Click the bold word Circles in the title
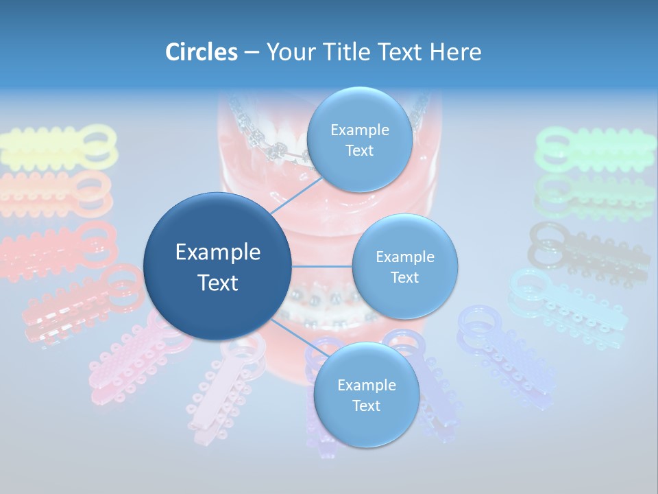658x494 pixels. click(x=201, y=52)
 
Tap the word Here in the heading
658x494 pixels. click(x=456, y=52)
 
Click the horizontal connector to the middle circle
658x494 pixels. click(x=322, y=266)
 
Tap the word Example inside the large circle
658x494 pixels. click(x=218, y=252)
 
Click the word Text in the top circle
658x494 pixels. click(x=359, y=151)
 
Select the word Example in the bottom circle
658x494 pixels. click(x=366, y=385)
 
